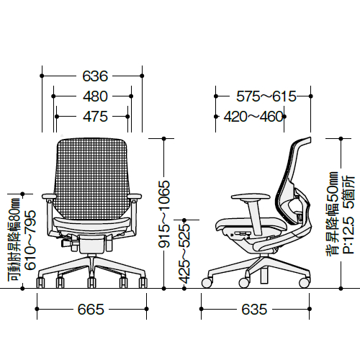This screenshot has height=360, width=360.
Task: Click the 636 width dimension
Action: [95, 76]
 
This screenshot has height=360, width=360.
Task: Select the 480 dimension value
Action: [95, 96]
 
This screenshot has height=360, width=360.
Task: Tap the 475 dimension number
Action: [95, 117]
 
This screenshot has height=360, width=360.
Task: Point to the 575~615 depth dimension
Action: [266, 96]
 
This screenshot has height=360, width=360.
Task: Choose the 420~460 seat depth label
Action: [254, 117]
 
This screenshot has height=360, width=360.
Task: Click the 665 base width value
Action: [91, 309]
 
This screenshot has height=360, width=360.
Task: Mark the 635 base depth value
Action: [254, 309]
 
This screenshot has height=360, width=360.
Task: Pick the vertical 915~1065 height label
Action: [164, 214]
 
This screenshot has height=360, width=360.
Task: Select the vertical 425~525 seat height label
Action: [184, 254]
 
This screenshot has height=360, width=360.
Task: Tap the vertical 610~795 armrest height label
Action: [30, 240]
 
